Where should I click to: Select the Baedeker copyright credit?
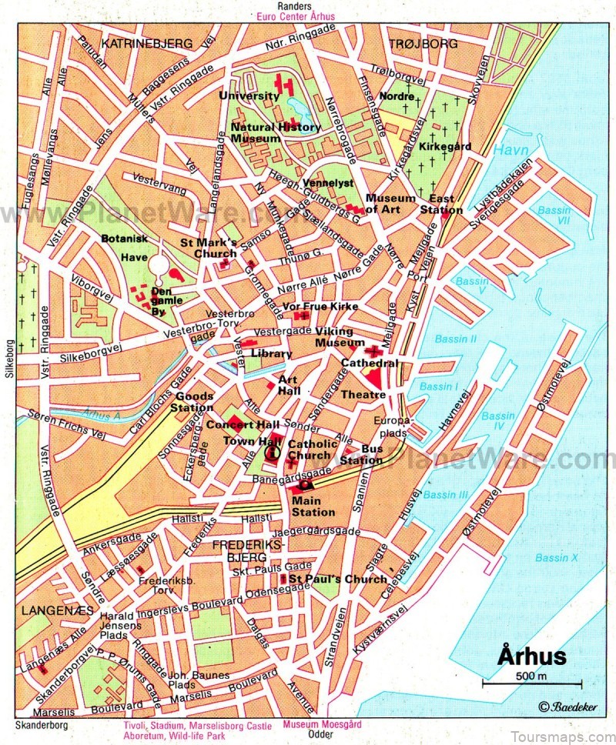point(568,707)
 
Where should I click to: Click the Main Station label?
point(313,506)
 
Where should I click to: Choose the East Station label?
point(446,204)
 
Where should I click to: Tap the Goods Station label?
point(194,402)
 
